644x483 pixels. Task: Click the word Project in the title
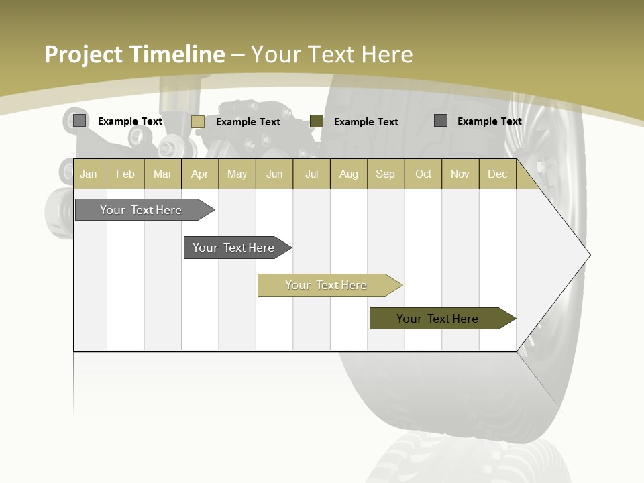(x=84, y=54)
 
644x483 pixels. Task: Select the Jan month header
(x=89, y=174)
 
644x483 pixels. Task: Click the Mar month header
(x=162, y=174)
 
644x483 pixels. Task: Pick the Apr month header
(x=199, y=174)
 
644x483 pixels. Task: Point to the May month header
(x=237, y=174)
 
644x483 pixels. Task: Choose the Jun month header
(x=274, y=174)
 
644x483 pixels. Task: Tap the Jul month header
(x=311, y=174)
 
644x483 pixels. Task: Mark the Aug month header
(x=348, y=174)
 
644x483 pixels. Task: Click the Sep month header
(x=385, y=174)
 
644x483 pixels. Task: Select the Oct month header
(x=423, y=174)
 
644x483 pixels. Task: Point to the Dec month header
(x=497, y=174)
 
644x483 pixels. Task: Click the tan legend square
(x=198, y=121)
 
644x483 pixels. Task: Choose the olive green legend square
(x=317, y=121)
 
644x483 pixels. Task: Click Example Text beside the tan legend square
(x=248, y=122)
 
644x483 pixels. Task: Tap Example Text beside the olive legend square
(x=366, y=122)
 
